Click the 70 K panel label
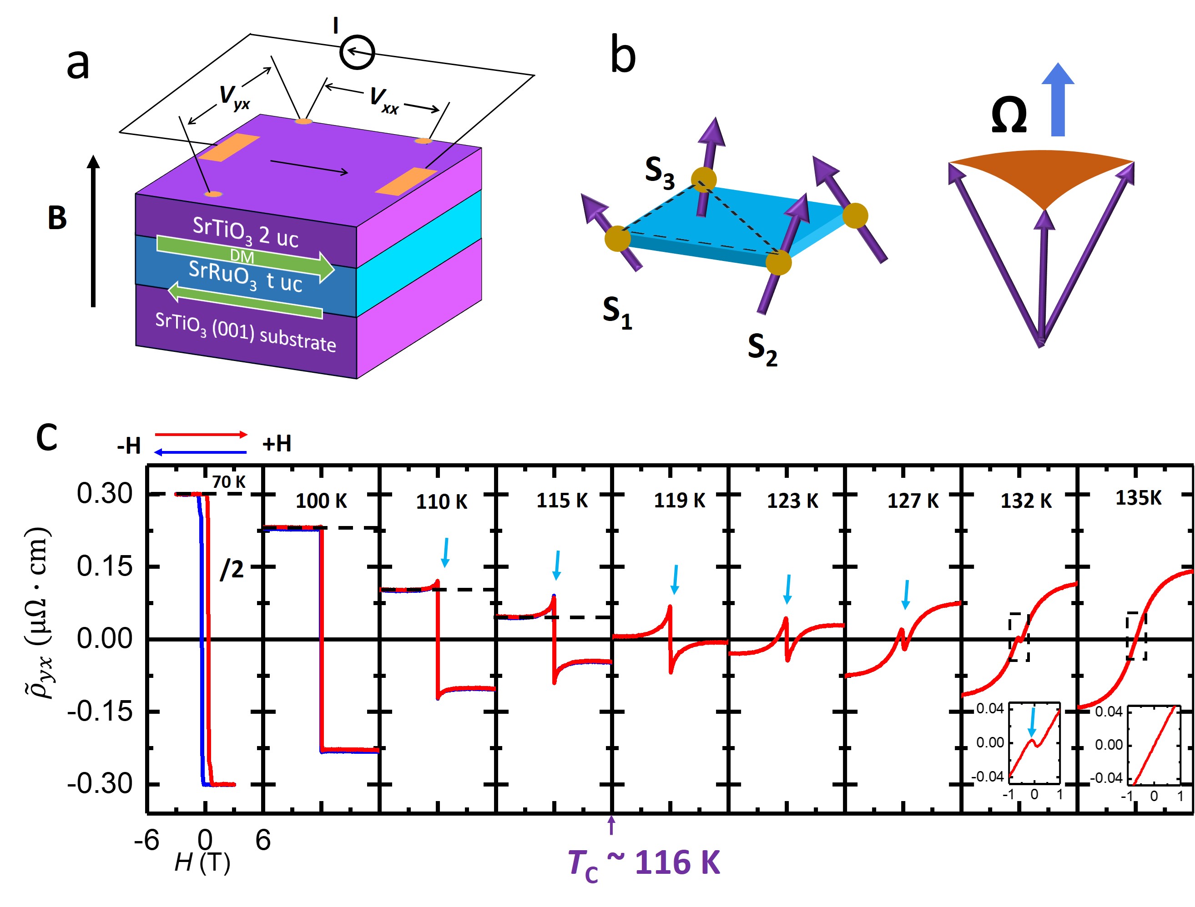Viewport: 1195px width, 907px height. coord(228,481)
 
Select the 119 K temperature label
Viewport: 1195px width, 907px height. coord(680,501)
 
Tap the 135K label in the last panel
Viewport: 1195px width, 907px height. coord(1138,498)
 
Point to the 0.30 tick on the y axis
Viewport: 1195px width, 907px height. coord(104,493)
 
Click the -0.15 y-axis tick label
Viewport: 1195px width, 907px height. coord(100,712)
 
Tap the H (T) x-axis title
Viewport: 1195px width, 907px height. coord(202,863)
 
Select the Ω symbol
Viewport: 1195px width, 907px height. coord(1008,115)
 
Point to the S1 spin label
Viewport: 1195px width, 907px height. coord(617,313)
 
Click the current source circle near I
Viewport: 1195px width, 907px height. coord(357,52)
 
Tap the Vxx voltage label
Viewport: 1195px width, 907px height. coord(383,100)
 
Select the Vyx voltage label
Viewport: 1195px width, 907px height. coord(234,97)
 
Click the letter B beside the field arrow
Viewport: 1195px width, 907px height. coord(57,218)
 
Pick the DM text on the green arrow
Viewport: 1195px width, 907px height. coord(242,256)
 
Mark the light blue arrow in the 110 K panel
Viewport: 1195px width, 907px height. coord(446,552)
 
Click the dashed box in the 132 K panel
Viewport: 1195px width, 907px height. coord(1019,637)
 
